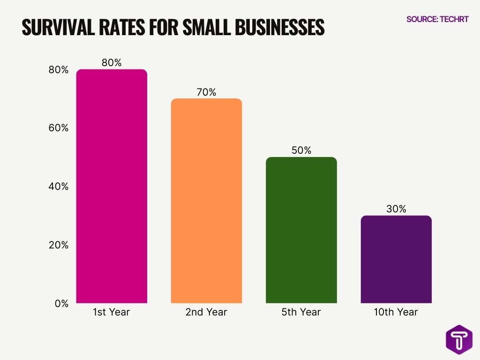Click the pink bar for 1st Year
click(112, 186)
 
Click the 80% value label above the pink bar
click(112, 63)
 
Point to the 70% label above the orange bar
click(206, 92)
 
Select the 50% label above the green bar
click(301, 150)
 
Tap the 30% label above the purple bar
click(396, 209)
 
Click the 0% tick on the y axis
click(61, 303)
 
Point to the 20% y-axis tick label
click(58, 245)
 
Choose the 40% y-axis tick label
click(58, 187)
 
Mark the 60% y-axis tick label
click(58, 128)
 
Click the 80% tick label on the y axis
click(58, 70)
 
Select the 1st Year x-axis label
click(112, 312)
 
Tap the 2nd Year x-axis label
click(206, 312)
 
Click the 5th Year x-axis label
click(301, 312)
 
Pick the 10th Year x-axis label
click(396, 312)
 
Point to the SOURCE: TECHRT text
click(437, 19)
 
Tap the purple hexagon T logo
click(459, 339)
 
